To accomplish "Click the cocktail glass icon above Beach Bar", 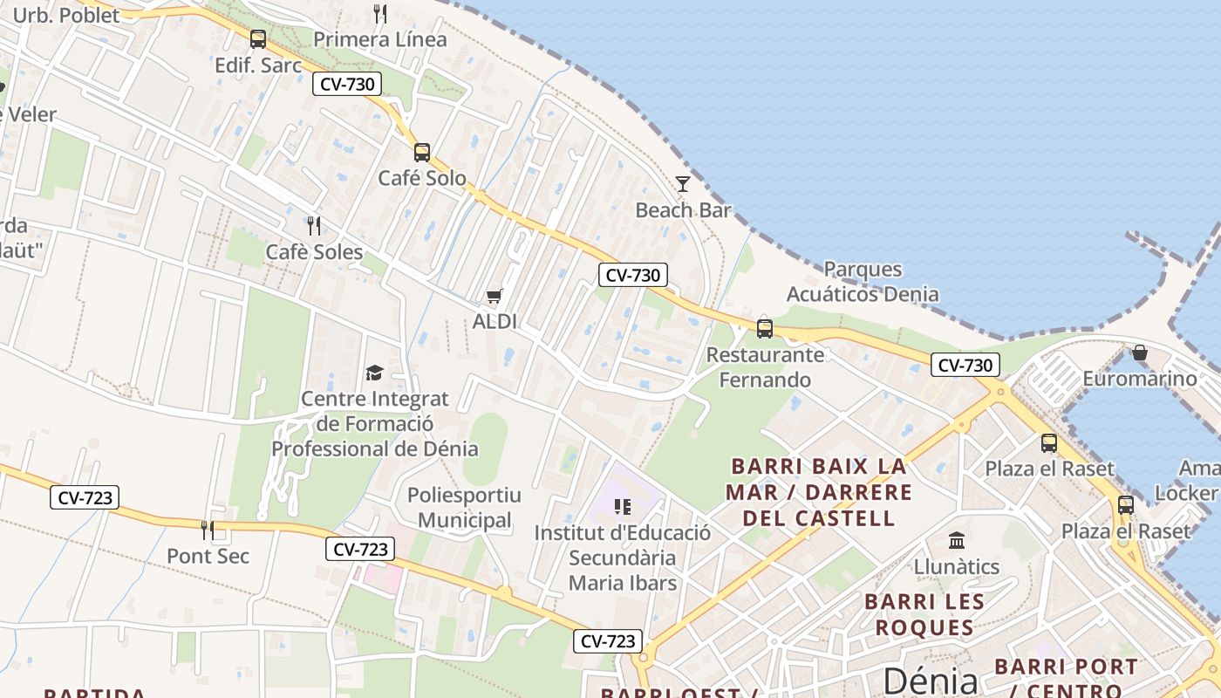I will tap(683, 183).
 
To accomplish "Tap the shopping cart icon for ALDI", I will tap(495, 297).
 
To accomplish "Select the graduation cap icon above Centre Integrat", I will tap(374, 373).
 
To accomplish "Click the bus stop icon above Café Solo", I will tap(422, 153).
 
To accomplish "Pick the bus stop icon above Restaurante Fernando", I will tap(765, 329).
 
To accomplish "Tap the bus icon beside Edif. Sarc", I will tap(258, 39).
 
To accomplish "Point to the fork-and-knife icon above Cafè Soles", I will tap(314, 226).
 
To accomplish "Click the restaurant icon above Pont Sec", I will tap(208, 530).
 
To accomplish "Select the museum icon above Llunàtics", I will tap(957, 541).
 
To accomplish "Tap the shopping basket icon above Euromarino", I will tap(1139, 353).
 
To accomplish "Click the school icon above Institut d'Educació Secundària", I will tap(622, 506).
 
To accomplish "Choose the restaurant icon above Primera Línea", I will tap(379, 14).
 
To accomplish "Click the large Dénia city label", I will tap(931, 680).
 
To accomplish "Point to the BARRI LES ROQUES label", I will tap(924, 614).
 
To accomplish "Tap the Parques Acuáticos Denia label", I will tap(863, 281).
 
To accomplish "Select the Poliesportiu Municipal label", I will tap(464, 508).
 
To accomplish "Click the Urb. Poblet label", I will tap(65, 15).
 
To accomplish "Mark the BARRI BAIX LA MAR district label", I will tap(819, 491).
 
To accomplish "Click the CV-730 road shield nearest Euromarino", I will tap(965, 366).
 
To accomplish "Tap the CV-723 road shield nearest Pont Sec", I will tap(85, 498).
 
